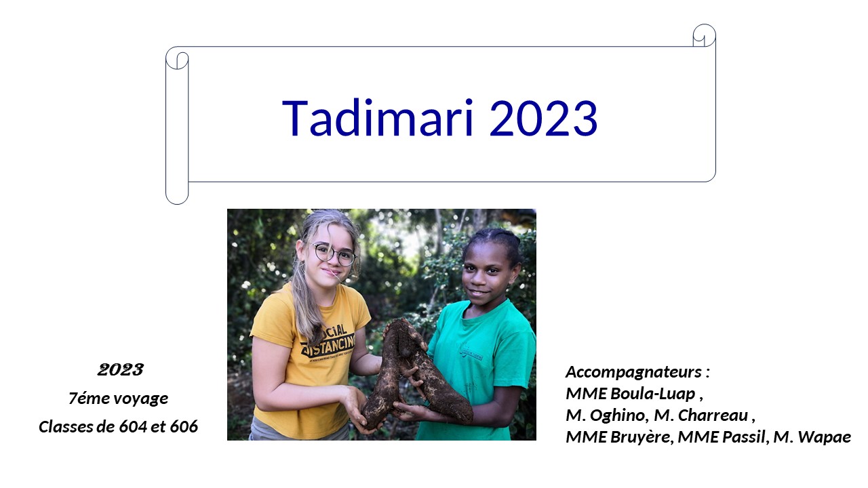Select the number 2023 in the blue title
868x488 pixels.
pyautogui.click(x=543, y=119)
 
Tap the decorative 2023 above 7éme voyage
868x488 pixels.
pyautogui.click(x=121, y=370)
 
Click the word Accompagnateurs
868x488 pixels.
pyautogui.click(x=633, y=372)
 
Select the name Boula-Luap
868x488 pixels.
pyautogui.click(x=653, y=394)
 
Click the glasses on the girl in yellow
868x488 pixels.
pyautogui.click(x=334, y=254)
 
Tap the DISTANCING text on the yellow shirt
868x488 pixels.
pyautogui.click(x=329, y=346)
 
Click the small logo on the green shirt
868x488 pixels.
pyautogui.click(x=471, y=353)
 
